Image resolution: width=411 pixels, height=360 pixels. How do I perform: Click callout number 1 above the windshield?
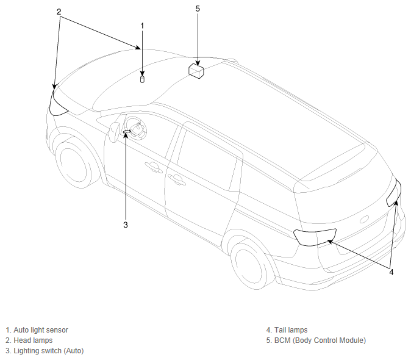click(142, 26)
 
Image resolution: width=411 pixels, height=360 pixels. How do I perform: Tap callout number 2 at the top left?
click(59, 12)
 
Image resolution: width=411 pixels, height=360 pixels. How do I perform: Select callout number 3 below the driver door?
click(126, 225)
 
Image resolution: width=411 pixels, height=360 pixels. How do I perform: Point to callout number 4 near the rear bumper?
click(391, 272)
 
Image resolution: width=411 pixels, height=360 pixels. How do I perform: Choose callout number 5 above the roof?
click(198, 9)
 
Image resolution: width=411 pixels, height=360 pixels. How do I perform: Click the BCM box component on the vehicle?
click(196, 71)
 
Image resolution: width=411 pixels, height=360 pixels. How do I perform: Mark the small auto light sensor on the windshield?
click(142, 79)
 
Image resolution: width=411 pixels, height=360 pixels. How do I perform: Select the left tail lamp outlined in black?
click(315, 237)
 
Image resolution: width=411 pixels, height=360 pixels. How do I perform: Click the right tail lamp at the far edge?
click(393, 193)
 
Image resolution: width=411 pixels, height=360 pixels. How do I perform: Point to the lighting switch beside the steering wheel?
click(127, 131)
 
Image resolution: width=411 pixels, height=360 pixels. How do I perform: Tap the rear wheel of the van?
click(249, 265)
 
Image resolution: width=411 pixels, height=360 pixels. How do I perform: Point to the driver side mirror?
click(114, 132)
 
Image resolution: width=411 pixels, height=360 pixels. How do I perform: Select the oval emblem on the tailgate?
click(364, 220)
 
